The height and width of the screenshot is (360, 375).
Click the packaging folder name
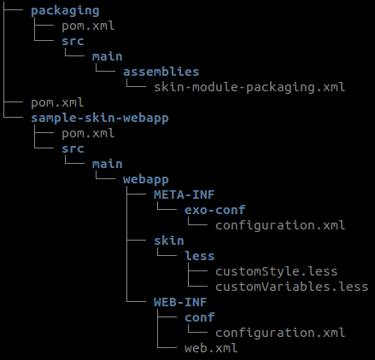coord(65,11)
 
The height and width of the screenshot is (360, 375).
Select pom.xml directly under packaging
coord(88,26)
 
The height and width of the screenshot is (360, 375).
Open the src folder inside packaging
coord(73,42)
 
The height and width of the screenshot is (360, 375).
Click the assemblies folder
coord(161,72)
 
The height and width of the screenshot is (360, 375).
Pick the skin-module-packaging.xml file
coord(249,87)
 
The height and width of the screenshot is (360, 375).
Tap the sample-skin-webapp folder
coord(100,119)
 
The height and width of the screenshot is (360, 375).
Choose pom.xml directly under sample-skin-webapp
coord(88,134)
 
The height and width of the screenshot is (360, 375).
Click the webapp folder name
coord(146,180)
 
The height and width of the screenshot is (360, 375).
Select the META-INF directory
coord(184,195)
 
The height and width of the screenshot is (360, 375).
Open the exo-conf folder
coord(214,210)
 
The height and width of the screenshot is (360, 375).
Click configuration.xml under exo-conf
coord(280,226)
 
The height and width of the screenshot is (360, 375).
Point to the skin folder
coord(169,241)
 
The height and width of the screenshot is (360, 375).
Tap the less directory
coord(200,256)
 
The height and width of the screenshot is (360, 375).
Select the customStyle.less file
coord(277,271)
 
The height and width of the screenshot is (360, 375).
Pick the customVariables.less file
coord(292,287)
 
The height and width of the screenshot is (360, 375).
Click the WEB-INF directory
coord(180,302)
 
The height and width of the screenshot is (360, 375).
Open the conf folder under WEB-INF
coord(200,317)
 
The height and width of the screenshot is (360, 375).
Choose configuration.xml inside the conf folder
coord(280,334)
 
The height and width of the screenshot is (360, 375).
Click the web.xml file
coord(211,348)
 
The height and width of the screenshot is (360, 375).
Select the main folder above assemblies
coord(108,56)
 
